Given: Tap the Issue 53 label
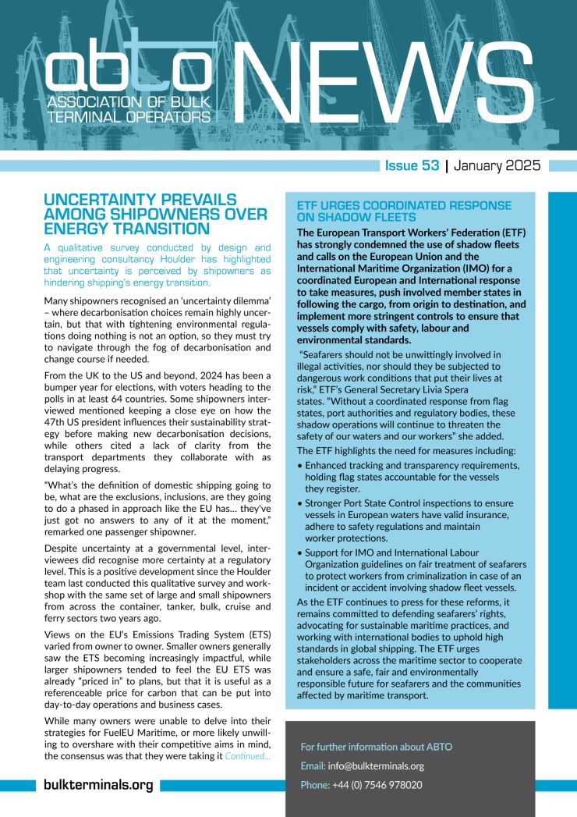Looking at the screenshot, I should tap(411, 165).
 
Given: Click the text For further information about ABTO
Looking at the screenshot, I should tap(376, 747).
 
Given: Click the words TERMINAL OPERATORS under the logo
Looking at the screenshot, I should tap(129, 116).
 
